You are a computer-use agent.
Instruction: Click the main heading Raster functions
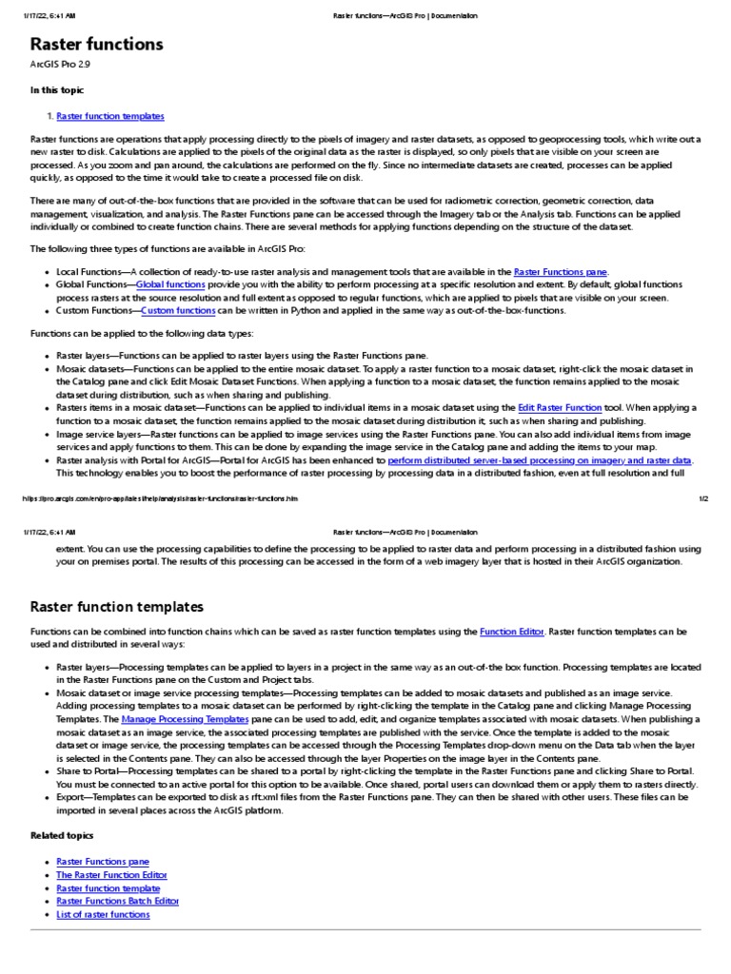click(96, 45)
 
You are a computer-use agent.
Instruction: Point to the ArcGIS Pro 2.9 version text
click(60, 65)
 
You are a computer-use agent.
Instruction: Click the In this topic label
click(56, 90)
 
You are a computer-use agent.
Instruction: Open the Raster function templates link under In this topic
click(110, 116)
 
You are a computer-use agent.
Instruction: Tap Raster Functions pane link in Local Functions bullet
click(560, 272)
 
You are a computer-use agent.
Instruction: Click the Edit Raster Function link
click(559, 407)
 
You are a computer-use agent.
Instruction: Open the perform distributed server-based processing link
click(540, 459)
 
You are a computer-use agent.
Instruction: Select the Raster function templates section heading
click(116, 607)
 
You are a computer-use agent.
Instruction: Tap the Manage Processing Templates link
click(185, 720)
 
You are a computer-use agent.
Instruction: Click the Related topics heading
click(62, 835)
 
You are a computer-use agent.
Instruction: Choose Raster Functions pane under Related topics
click(103, 862)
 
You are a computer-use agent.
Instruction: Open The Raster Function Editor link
click(111, 875)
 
